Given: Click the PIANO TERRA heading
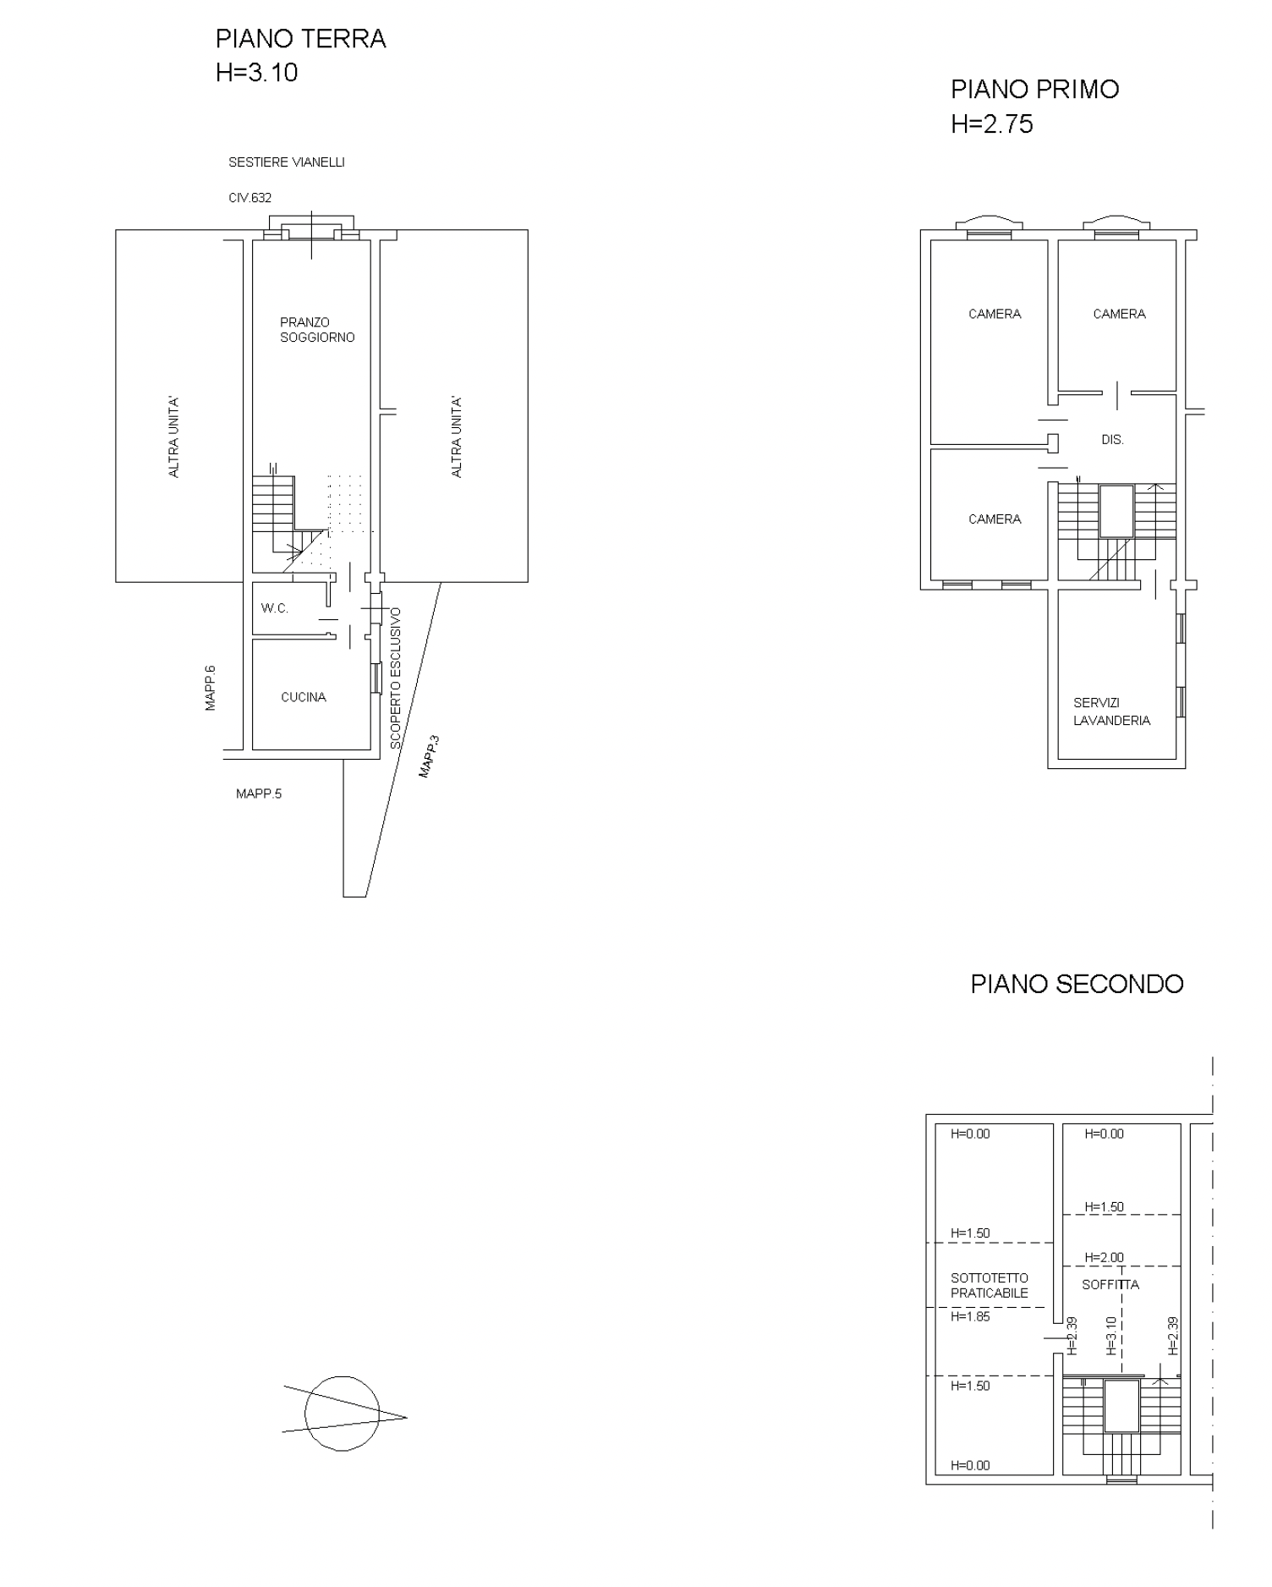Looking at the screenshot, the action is pyautogui.click(x=301, y=40).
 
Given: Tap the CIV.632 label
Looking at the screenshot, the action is pyautogui.click(x=250, y=198).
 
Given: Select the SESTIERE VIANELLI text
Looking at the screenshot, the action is pyautogui.click(x=287, y=162).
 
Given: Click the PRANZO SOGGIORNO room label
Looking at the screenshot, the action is pyautogui.click(x=318, y=330).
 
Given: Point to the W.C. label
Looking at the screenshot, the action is pyautogui.click(x=275, y=608).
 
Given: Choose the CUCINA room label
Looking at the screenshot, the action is pyautogui.click(x=304, y=697).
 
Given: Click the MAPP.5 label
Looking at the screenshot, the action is pyautogui.click(x=259, y=793).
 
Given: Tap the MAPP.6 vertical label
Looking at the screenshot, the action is pyautogui.click(x=211, y=688).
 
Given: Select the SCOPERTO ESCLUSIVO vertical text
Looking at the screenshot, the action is pyautogui.click(x=396, y=678).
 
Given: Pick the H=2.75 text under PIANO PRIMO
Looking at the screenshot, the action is pyautogui.click(x=992, y=124).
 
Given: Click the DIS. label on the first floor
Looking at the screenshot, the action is pyautogui.click(x=1113, y=440).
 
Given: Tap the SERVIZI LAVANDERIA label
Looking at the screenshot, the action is pyautogui.click(x=1112, y=711).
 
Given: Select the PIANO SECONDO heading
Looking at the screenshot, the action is pyautogui.click(x=1077, y=984).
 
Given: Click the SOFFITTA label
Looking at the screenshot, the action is pyautogui.click(x=1110, y=1284).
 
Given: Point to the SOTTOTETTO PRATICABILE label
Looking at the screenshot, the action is pyautogui.click(x=990, y=1286).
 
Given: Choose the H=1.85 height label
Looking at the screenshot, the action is pyautogui.click(x=970, y=1316).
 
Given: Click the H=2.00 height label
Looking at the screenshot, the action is pyautogui.click(x=1105, y=1258).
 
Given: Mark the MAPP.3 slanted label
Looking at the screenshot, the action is pyautogui.click(x=430, y=756).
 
